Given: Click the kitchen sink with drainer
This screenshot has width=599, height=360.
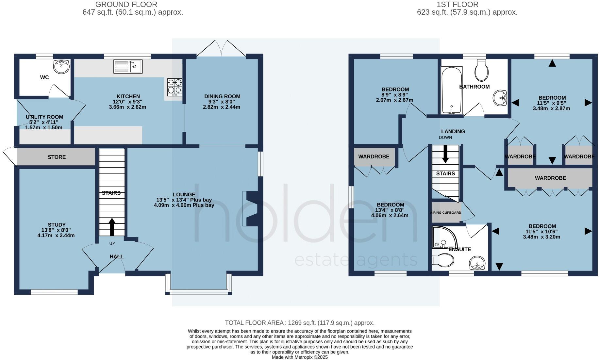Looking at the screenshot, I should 128,66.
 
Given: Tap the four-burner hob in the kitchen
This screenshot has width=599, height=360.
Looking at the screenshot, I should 175,87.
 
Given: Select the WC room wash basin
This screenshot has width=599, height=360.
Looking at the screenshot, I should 61,67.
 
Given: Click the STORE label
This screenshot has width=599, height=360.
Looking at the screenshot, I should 57,157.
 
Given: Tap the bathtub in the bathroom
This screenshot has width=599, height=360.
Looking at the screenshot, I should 451,90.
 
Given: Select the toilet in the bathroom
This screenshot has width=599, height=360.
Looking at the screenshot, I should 482,71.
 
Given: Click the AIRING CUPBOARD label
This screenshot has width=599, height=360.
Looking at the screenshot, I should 446,213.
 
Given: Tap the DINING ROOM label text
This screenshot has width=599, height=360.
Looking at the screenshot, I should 222,96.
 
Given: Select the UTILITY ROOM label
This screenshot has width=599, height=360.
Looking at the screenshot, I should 44,117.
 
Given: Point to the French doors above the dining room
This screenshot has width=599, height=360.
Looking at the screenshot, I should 222,49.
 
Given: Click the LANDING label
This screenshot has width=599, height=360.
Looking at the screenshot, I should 453,131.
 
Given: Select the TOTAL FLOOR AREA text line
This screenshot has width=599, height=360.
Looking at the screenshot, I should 299,323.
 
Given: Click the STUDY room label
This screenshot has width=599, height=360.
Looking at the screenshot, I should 57,225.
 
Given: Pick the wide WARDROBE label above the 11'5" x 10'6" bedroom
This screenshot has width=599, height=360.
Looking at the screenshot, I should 550,178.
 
